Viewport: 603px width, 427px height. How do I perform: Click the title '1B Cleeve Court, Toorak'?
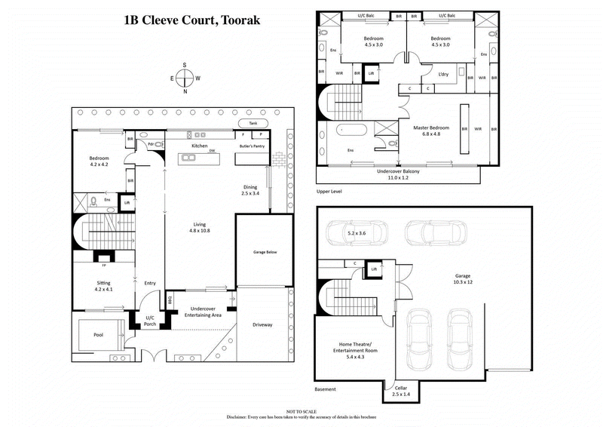(x=192, y=20)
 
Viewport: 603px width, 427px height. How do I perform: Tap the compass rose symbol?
(x=185, y=78)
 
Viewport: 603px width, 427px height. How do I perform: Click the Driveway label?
(x=263, y=324)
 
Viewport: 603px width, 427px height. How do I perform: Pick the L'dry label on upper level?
(x=444, y=74)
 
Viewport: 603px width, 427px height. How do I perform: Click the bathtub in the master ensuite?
(x=350, y=130)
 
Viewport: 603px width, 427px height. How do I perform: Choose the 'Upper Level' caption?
(x=329, y=192)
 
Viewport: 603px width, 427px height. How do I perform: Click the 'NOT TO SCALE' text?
(x=301, y=410)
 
